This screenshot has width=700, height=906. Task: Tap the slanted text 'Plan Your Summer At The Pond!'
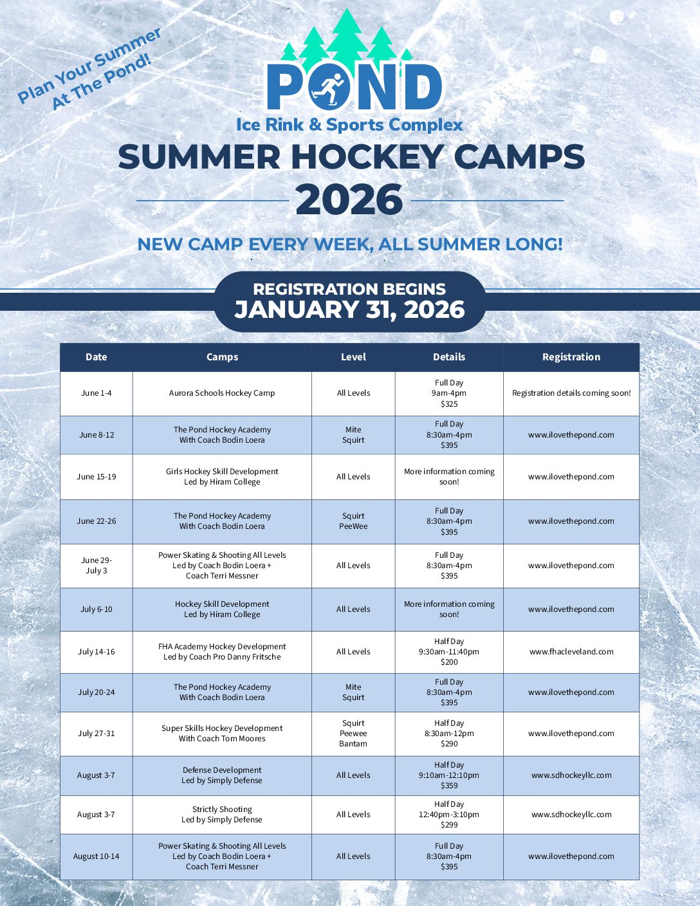pos(88,69)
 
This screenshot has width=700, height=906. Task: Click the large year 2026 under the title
pos(349,200)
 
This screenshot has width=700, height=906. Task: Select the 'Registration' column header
pos(571,357)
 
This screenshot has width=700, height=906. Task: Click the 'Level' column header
pos(353,357)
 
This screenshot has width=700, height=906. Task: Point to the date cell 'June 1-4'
pos(97,393)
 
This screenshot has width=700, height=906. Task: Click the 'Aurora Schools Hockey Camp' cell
pos(222,393)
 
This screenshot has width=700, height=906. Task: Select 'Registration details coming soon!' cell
pos(571,393)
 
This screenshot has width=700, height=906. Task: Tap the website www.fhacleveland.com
pos(571,652)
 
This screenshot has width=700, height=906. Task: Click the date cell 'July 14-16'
pos(97,652)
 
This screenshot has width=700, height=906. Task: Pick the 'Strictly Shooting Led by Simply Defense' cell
pos(222,815)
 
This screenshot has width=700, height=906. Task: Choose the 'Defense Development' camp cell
pos(222,775)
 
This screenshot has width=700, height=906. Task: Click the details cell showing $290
pos(449,734)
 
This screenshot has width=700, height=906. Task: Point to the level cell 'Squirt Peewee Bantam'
pos(353,734)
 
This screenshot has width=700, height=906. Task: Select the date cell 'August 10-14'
pos(97,856)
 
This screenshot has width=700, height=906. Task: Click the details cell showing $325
pos(449,393)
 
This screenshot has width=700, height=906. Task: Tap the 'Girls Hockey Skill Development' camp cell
pos(222,477)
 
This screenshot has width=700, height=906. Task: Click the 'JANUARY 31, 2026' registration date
pos(349,310)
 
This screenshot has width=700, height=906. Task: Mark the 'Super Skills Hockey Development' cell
pos(222,734)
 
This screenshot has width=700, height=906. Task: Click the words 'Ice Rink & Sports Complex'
pos(349,125)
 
